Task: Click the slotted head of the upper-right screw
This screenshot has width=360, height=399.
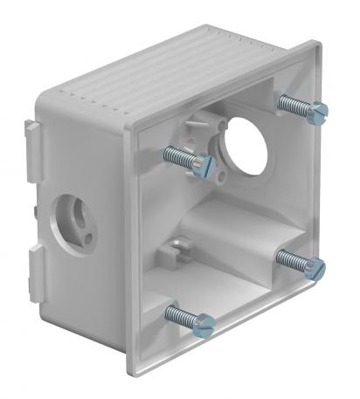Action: [x=320, y=110]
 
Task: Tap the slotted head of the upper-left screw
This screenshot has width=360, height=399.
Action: [x=204, y=164]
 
